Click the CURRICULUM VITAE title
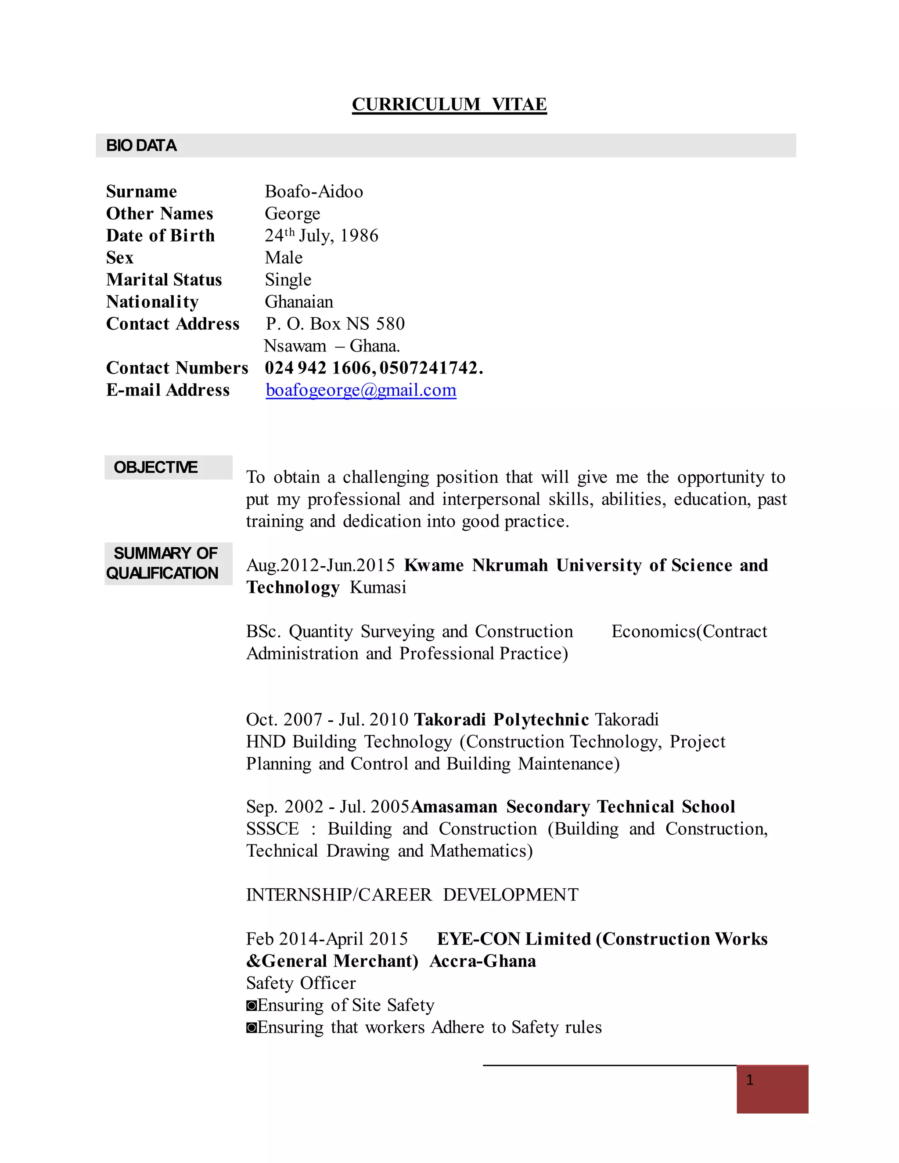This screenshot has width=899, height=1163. (x=449, y=104)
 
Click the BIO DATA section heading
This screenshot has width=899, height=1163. (x=141, y=145)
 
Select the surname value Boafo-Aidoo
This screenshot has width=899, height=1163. (x=314, y=191)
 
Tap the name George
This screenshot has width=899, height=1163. (x=292, y=214)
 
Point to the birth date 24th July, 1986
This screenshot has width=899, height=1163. (x=321, y=235)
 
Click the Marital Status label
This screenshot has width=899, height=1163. (x=163, y=280)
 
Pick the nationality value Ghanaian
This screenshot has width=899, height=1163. (x=299, y=302)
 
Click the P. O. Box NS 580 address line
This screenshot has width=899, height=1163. (x=335, y=324)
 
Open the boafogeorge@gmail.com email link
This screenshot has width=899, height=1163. (x=360, y=390)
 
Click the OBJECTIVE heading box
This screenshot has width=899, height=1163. (x=168, y=467)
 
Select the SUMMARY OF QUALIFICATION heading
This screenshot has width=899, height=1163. (x=168, y=564)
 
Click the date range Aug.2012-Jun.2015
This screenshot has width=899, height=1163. (x=320, y=565)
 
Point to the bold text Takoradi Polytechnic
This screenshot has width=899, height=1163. (x=501, y=719)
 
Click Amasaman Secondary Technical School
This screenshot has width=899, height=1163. (x=572, y=807)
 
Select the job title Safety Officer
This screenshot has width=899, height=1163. (x=300, y=983)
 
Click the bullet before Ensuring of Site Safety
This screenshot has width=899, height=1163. (x=252, y=1005)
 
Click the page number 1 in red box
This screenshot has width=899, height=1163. (x=750, y=1080)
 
